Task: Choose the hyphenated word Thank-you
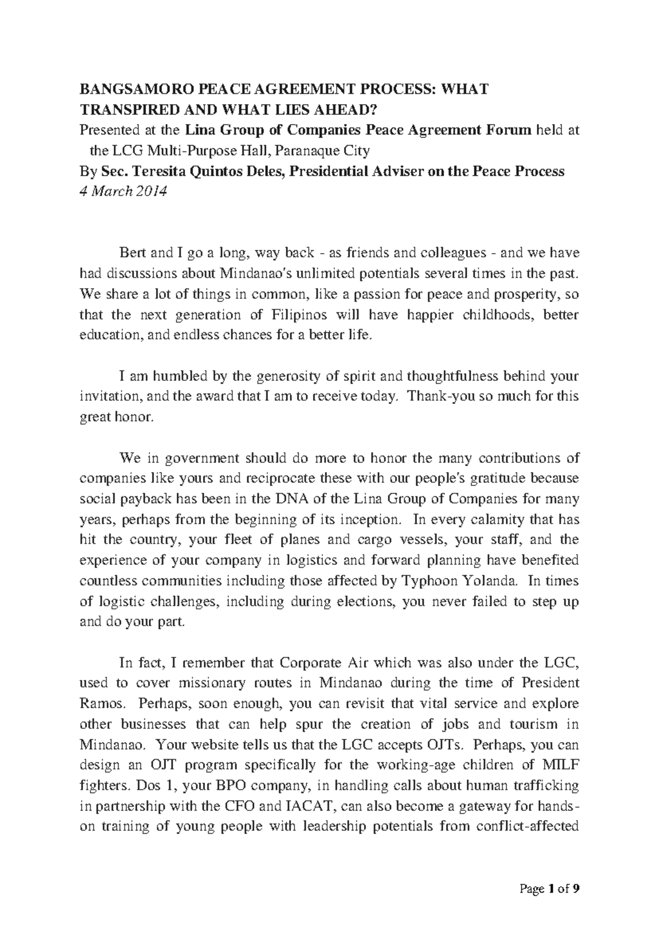pyautogui.click(x=434, y=396)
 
